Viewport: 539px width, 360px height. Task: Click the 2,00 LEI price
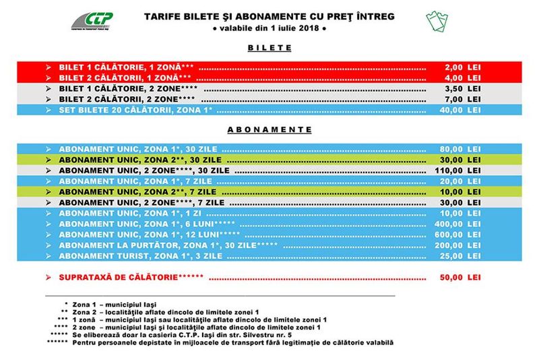(x=462, y=68)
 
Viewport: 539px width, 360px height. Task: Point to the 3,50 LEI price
(x=462, y=88)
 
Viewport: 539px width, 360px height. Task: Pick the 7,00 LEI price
(x=462, y=98)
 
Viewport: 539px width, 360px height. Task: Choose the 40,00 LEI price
(x=461, y=109)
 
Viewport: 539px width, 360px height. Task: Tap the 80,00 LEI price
(x=461, y=149)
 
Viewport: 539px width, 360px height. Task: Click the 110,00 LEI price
(x=459, y=171)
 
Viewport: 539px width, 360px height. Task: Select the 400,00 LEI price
(x=459, y=224)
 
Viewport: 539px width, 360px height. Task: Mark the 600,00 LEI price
(x=459, y=235)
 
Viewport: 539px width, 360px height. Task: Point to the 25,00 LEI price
(x=461, y=256)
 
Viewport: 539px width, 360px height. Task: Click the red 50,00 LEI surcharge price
(x=461, y=277)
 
